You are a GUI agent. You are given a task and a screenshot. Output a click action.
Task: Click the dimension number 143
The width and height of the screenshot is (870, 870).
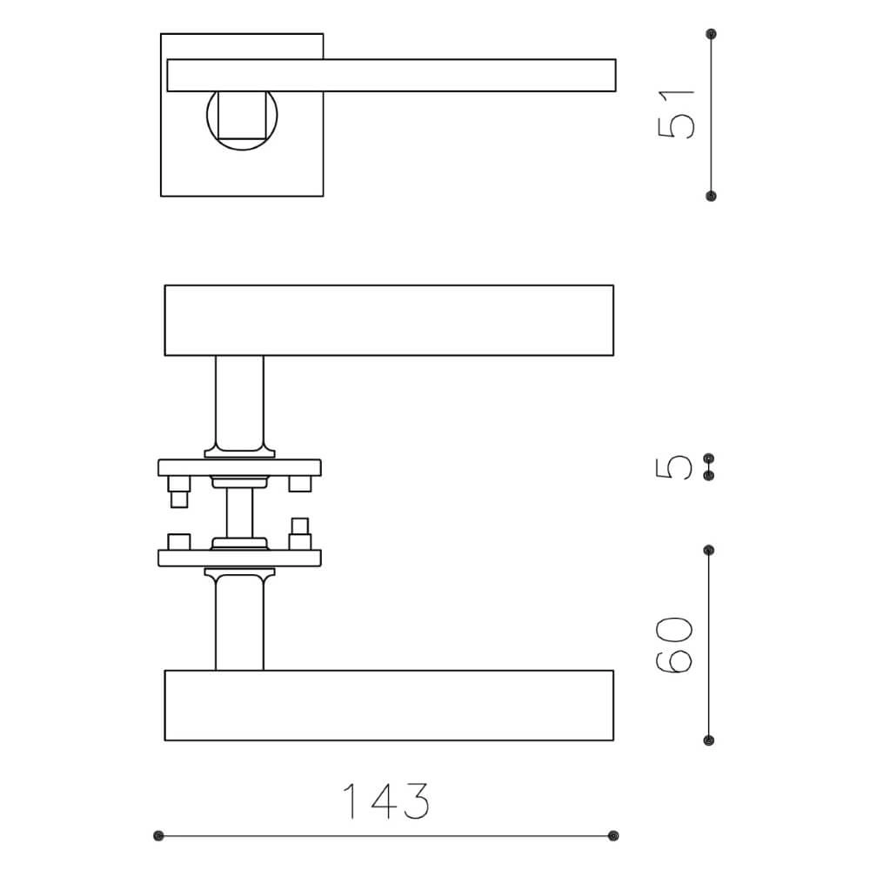pos(386,801)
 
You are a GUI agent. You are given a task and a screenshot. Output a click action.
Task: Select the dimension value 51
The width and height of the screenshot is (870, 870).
pos(677,113)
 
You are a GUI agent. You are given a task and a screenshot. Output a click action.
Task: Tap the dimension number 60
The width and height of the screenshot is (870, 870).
pos(675,645)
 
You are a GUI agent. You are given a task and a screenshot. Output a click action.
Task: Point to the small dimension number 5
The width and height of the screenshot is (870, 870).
pos(677,466)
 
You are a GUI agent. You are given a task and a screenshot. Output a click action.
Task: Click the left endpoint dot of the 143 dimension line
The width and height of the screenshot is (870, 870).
pos(158,836)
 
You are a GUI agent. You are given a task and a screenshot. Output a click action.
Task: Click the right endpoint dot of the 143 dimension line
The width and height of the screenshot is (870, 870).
pos(613,836)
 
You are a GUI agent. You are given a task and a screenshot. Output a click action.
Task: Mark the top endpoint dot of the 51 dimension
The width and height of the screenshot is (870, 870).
pos(712,34)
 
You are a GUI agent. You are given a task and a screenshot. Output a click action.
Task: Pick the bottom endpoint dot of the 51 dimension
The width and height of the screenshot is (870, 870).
pos(712,196)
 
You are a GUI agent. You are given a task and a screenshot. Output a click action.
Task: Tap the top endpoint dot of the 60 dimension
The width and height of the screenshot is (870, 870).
pos(709,551)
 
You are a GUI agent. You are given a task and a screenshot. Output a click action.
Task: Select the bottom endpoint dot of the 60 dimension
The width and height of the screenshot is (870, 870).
pos(709,740)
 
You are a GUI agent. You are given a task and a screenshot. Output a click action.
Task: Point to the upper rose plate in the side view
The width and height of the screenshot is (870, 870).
pos(239,467)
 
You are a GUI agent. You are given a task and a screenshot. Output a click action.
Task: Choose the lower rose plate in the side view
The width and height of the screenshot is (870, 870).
pos(239,558)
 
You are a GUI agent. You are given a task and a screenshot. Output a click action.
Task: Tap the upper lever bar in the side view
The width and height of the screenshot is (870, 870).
pos(389,320)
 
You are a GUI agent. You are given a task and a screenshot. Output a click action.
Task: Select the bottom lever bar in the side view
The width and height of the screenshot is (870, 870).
pos(389,706)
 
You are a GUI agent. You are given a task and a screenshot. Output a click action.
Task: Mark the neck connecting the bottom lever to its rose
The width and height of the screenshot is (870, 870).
pos(239,622)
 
